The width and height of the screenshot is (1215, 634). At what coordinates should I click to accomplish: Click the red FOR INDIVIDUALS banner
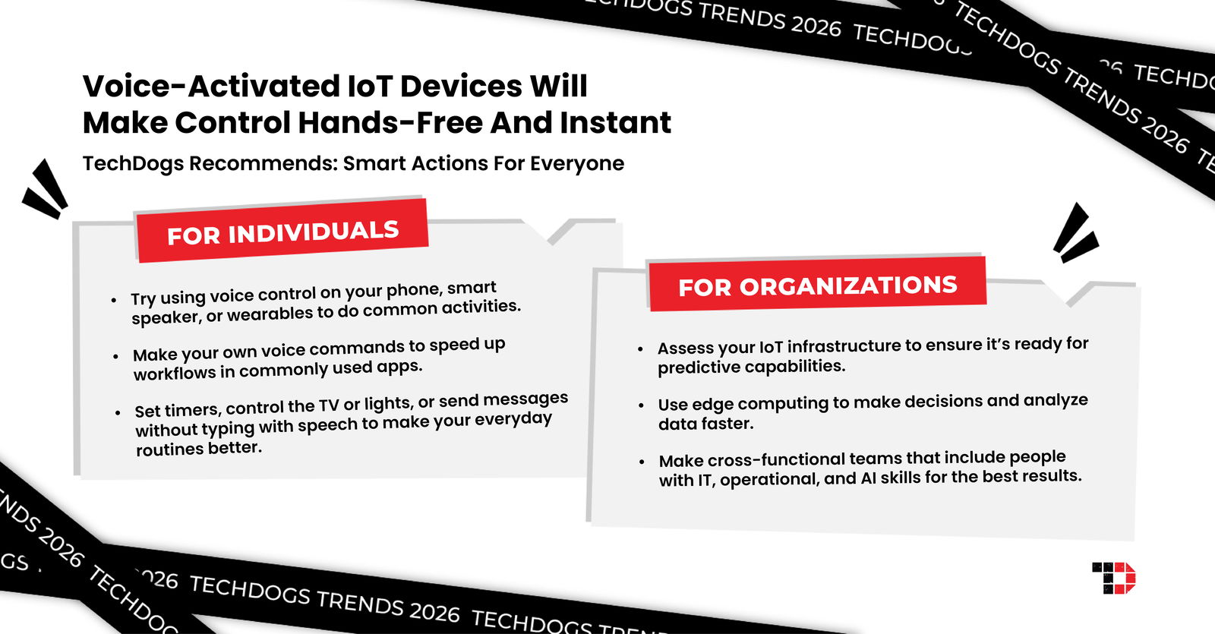click(282, 232)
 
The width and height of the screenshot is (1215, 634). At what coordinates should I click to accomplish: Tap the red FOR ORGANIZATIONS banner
click(817, 285)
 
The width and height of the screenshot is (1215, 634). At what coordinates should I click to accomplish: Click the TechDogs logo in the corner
click(1113, 578)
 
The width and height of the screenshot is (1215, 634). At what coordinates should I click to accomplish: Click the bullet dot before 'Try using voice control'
click(114, 301)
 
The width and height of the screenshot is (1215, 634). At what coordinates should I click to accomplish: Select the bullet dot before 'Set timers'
click(118, 413)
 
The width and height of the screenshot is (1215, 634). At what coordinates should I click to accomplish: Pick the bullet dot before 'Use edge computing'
click(642, 405)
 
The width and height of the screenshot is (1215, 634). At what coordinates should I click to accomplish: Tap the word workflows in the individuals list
click(175, 373)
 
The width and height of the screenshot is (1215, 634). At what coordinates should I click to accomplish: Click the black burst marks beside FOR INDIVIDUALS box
click(46, 190)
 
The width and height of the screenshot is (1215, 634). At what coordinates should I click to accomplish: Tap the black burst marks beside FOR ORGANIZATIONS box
click(1075, 233)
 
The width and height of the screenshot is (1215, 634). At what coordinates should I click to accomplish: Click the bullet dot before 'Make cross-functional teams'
click(642, 462)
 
